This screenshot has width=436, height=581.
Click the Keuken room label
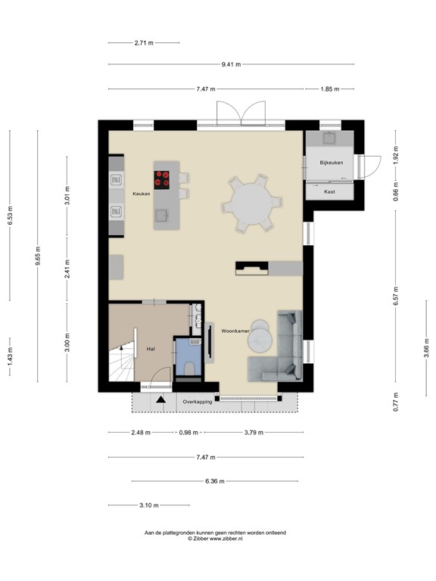[x=141, y=194]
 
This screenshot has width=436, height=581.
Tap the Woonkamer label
[x=235, y=331]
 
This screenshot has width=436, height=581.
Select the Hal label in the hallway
[x=151, y=349]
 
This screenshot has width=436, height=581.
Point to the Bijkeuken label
[x=332, y=163]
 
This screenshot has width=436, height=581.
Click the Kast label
[x=329, y=192]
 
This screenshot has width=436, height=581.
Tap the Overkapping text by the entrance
[x=197, y=402]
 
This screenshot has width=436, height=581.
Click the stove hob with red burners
[x=162, y=179]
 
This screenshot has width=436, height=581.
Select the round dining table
[x=248, y=203]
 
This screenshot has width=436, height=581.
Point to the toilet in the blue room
[x=189, y=368]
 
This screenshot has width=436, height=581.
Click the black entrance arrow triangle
[x=160, y=399]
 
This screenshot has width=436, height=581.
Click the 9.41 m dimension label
[x=231, y=65]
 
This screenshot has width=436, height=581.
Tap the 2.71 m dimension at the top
[x=143, y=42]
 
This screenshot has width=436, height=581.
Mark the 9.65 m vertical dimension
[x=38, y=257]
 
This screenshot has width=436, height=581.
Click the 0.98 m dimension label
[x=188, y=433]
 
